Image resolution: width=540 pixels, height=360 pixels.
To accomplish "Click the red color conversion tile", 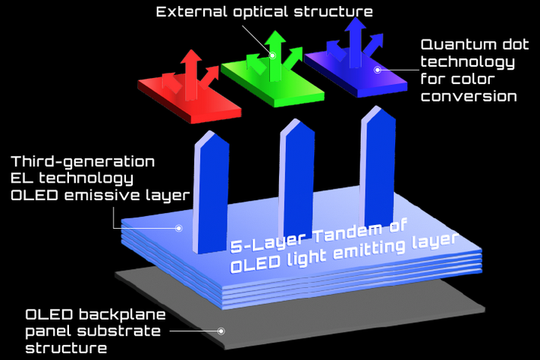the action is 190,98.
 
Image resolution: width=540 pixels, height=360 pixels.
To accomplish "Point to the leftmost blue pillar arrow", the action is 211,193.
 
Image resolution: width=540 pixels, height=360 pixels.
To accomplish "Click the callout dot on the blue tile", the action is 378,70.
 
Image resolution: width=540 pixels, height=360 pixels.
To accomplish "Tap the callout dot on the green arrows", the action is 272,55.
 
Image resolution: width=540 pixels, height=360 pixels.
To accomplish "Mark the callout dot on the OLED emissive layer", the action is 179,228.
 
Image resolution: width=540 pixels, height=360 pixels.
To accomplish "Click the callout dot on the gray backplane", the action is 221,331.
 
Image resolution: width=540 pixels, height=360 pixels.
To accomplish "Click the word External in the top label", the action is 191,11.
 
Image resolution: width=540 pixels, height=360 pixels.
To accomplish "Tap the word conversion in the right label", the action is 469,96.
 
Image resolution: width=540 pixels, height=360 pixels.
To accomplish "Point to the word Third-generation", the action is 83,161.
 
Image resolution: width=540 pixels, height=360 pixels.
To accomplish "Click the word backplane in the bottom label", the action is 122,315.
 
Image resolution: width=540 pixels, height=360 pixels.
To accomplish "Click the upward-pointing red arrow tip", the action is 190,51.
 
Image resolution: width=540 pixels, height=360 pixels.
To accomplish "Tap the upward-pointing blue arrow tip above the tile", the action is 355,19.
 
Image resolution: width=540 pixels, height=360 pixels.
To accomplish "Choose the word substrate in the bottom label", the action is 119,331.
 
